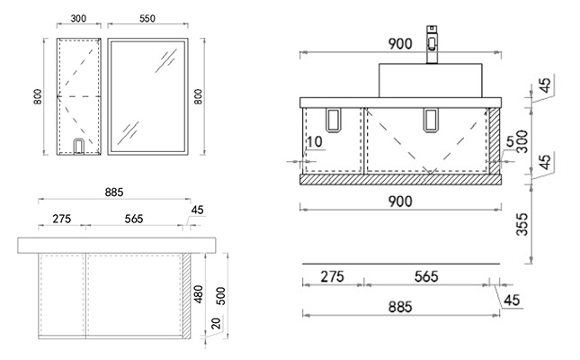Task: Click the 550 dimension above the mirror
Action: (147, 18)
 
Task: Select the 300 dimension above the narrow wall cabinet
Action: (78, 18)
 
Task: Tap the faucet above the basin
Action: (432, 44)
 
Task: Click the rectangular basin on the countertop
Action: (430, 80)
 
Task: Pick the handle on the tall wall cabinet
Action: (78, 146)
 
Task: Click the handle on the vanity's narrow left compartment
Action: (333, 120)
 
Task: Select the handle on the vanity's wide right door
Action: (431, 120)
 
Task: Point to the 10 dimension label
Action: (315, 141)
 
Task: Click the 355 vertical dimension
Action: (522, 224)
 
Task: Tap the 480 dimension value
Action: (199, 294)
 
